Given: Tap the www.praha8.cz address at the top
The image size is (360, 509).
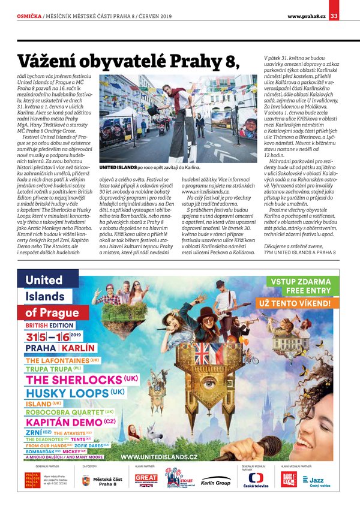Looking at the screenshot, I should click(x=306, y=16).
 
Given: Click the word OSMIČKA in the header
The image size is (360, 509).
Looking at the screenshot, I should click(x=28, y=16).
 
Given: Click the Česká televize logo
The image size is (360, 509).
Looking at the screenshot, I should click(x=256, y=481).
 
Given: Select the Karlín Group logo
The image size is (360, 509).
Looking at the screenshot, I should click(x=215, y=482).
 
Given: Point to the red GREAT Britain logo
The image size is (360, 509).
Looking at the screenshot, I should click(x=146, y=480).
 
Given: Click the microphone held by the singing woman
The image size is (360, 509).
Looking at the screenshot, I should click(x=169, y=329).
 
